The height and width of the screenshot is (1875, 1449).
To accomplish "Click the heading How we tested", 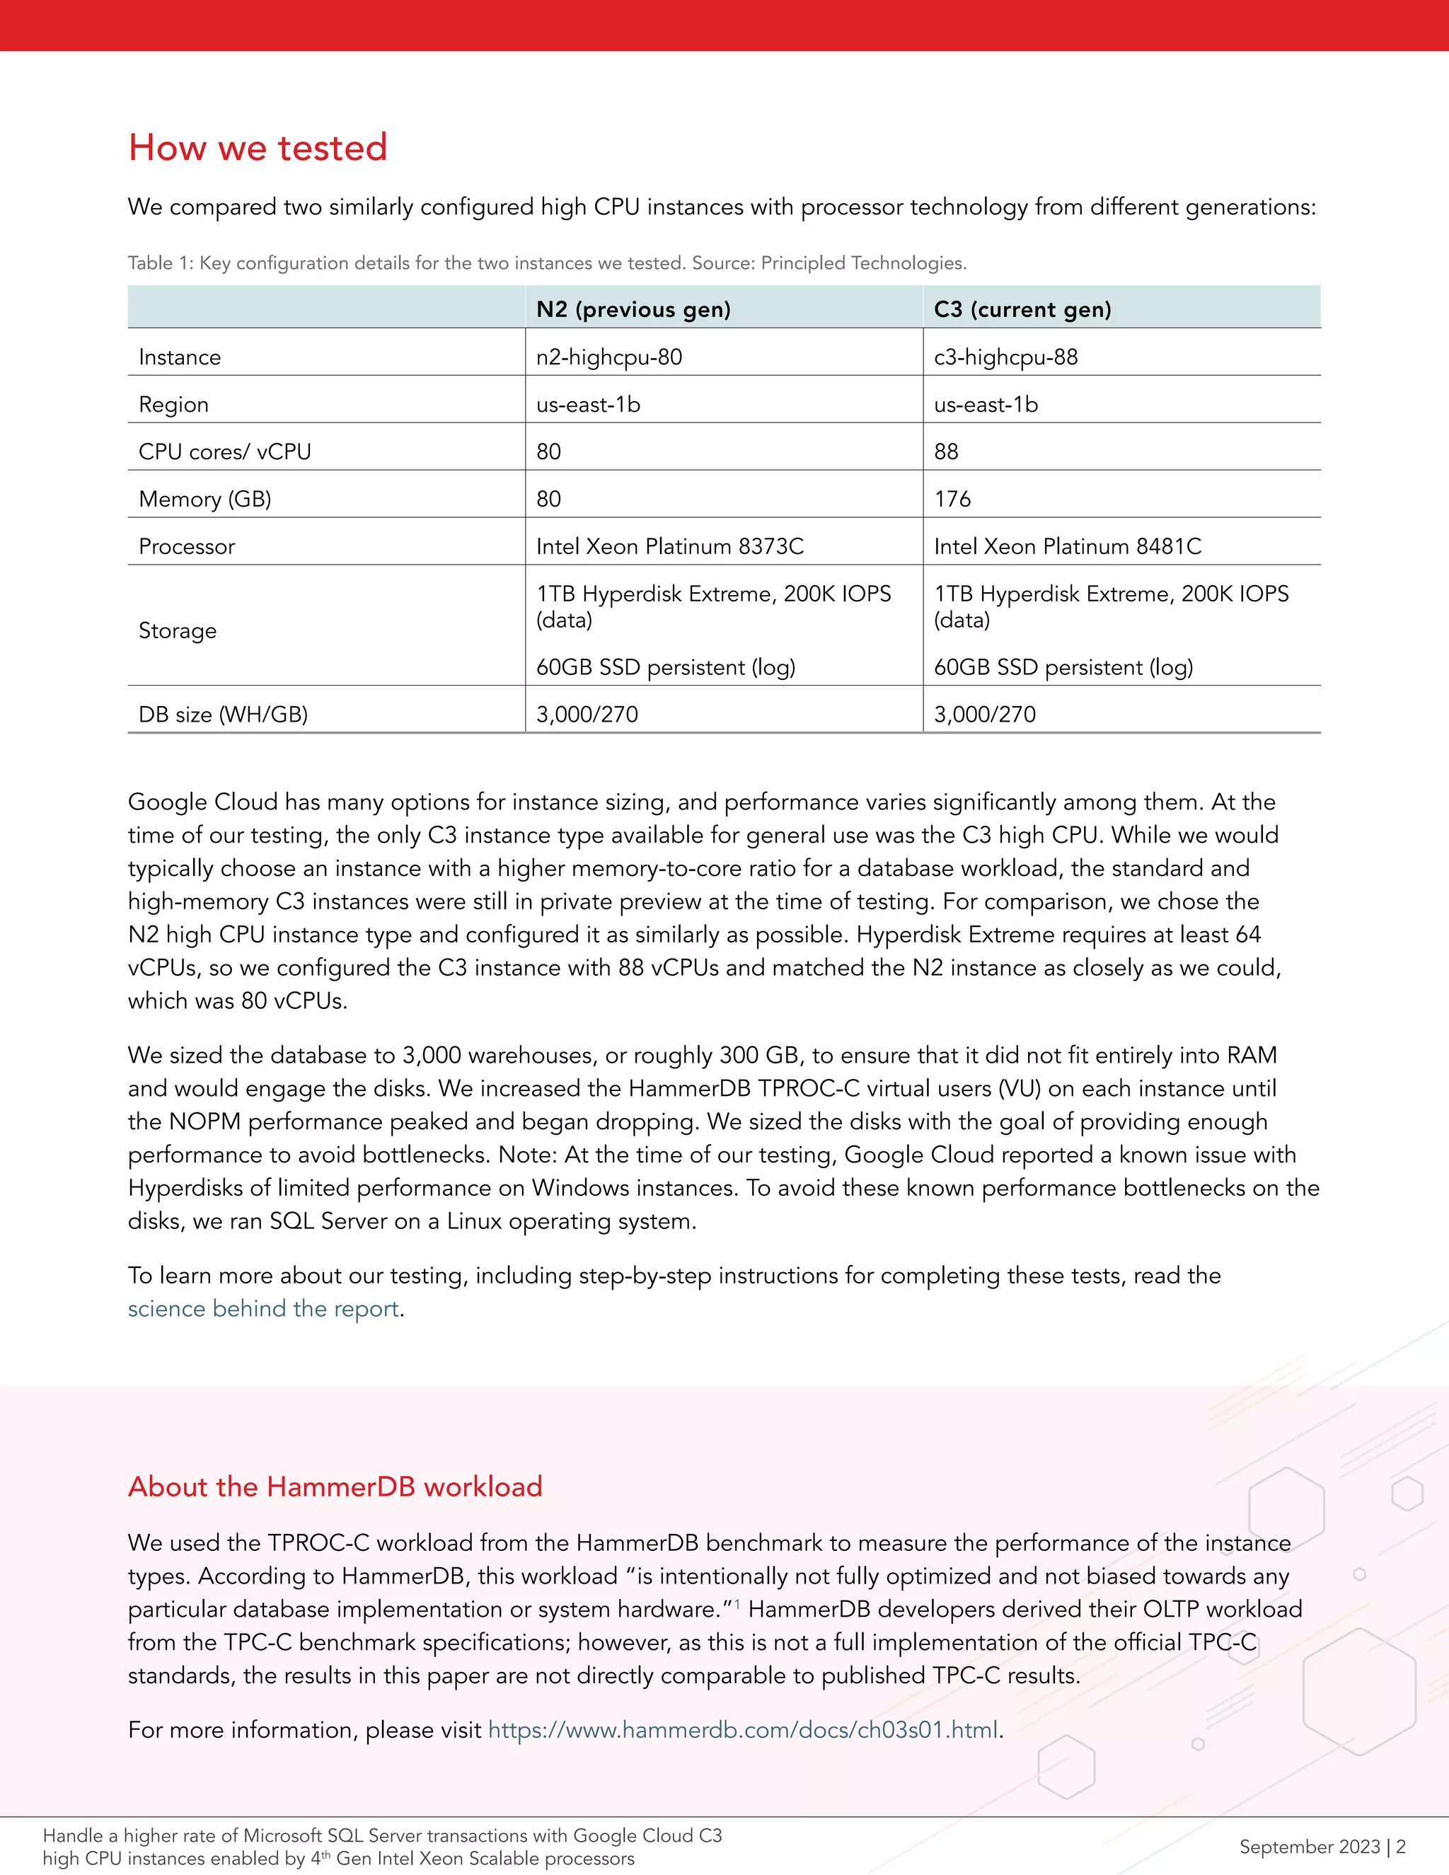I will [258, 148].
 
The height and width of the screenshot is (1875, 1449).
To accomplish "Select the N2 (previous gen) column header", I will [633, 309].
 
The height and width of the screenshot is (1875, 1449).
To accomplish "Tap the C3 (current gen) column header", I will [1022, 309].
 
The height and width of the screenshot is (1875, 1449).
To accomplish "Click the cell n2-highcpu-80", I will [608, 357].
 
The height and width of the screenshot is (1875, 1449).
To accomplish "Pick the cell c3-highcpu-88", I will [1005, 357].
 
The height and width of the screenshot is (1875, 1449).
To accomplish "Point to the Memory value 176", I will [952, 499].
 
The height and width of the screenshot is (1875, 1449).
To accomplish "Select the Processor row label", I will [186, 547].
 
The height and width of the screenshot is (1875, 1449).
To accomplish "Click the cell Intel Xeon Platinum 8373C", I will [669, 547].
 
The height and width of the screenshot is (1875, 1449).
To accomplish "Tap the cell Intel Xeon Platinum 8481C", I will [1067, 547].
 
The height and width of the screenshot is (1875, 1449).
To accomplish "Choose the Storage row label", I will [178, 631].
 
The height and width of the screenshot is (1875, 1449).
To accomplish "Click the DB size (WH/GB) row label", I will [223, 715].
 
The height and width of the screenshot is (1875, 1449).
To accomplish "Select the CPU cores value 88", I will [946, 451].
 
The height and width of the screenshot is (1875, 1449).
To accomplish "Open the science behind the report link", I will [263, 1308].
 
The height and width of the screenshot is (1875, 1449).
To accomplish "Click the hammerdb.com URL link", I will [742, 1729].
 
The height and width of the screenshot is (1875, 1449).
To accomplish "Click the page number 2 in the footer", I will [1400, 1847].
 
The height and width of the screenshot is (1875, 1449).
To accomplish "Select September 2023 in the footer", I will [1309, 1847].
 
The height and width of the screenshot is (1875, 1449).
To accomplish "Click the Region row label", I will [173, 404].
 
